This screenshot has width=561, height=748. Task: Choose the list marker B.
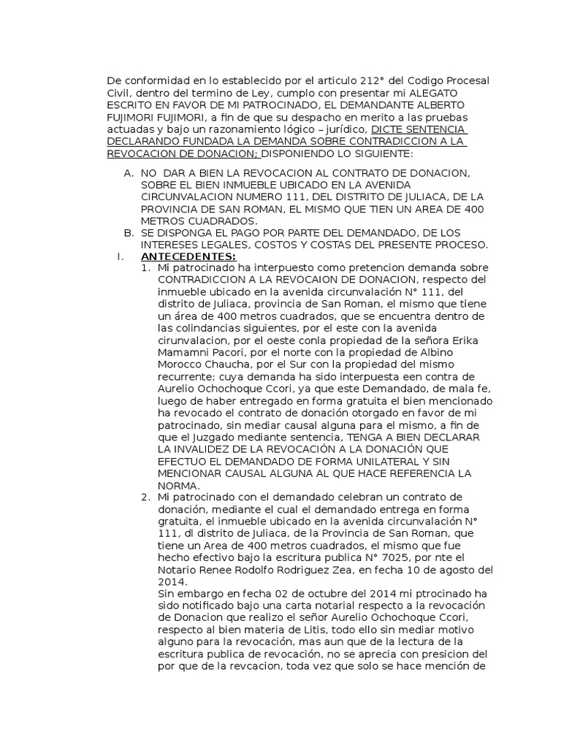(x=129, y=233)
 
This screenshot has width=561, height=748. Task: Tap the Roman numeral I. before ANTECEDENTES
(x=118, y=256)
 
